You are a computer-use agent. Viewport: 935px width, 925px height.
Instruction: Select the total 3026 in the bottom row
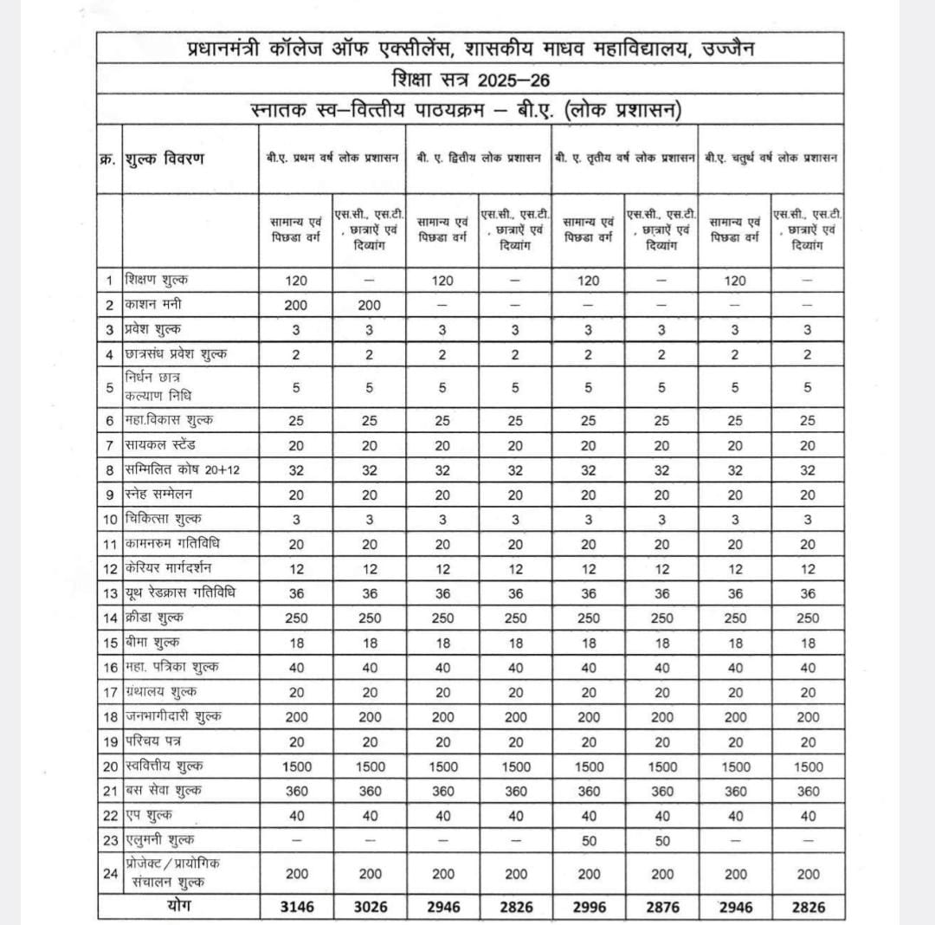[x=370, y=907]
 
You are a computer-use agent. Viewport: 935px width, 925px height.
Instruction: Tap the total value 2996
[x=589, y=907]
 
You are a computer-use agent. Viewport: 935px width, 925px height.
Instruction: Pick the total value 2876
[x=662, y=907]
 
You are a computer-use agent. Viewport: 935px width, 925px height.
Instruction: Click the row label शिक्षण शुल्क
[x=156, y=281]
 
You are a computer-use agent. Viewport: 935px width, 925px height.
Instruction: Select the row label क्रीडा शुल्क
[x=154, y=618]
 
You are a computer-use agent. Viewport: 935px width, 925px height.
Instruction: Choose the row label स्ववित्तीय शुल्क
[x=164, y=767]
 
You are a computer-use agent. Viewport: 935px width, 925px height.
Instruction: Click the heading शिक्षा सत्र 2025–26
[x=470, y=80]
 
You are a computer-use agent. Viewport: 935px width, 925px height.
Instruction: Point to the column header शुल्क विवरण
[x=164, y=159]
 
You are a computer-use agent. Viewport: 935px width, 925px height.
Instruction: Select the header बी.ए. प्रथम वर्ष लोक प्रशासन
[x=332, y=159]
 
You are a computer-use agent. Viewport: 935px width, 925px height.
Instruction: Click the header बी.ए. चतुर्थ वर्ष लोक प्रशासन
[x=771, y=159]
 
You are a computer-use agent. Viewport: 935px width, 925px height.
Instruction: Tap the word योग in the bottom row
[x=178, y=906]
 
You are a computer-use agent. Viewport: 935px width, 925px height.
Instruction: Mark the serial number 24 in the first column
[x=110, y=873]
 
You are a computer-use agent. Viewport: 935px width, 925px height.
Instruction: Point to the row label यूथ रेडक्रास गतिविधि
[x=180, y=593]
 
